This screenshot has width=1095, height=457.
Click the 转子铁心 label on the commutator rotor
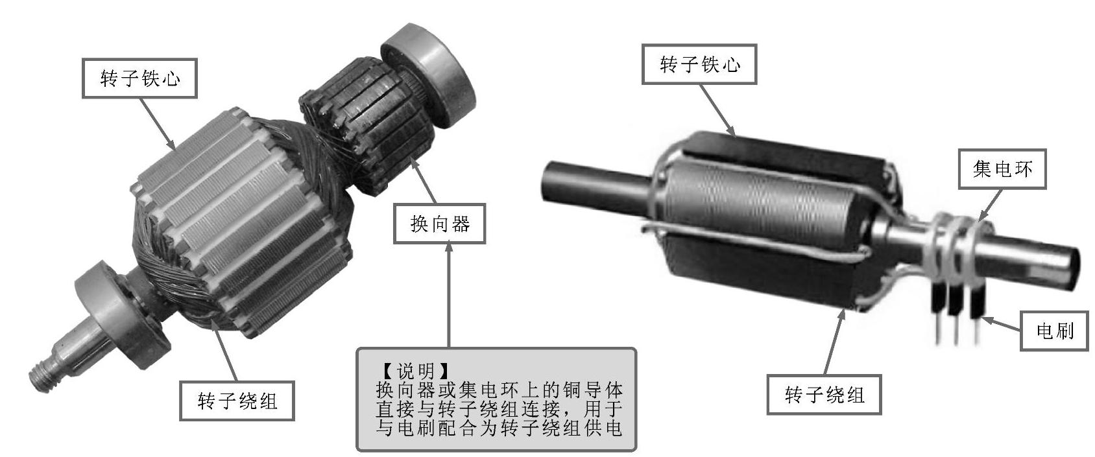coord(140,78)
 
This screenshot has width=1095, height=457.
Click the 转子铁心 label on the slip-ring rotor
coord(699,64)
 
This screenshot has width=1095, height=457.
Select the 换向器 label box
coord(439,224)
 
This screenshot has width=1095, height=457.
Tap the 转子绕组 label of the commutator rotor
coord(237,401)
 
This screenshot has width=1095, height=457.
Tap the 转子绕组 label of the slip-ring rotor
coord(824,395)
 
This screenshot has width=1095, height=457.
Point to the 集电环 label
coord(1002,169)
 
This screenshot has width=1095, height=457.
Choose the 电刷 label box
coord(1055,331)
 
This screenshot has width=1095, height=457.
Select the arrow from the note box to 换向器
coord(449,296)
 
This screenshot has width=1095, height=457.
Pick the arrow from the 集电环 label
coord(989,205)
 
